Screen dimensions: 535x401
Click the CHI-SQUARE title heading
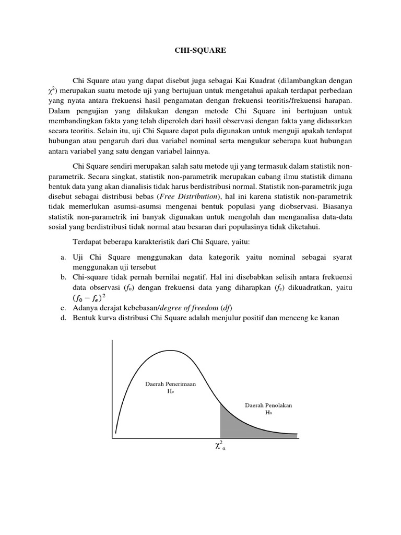point(200,51)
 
